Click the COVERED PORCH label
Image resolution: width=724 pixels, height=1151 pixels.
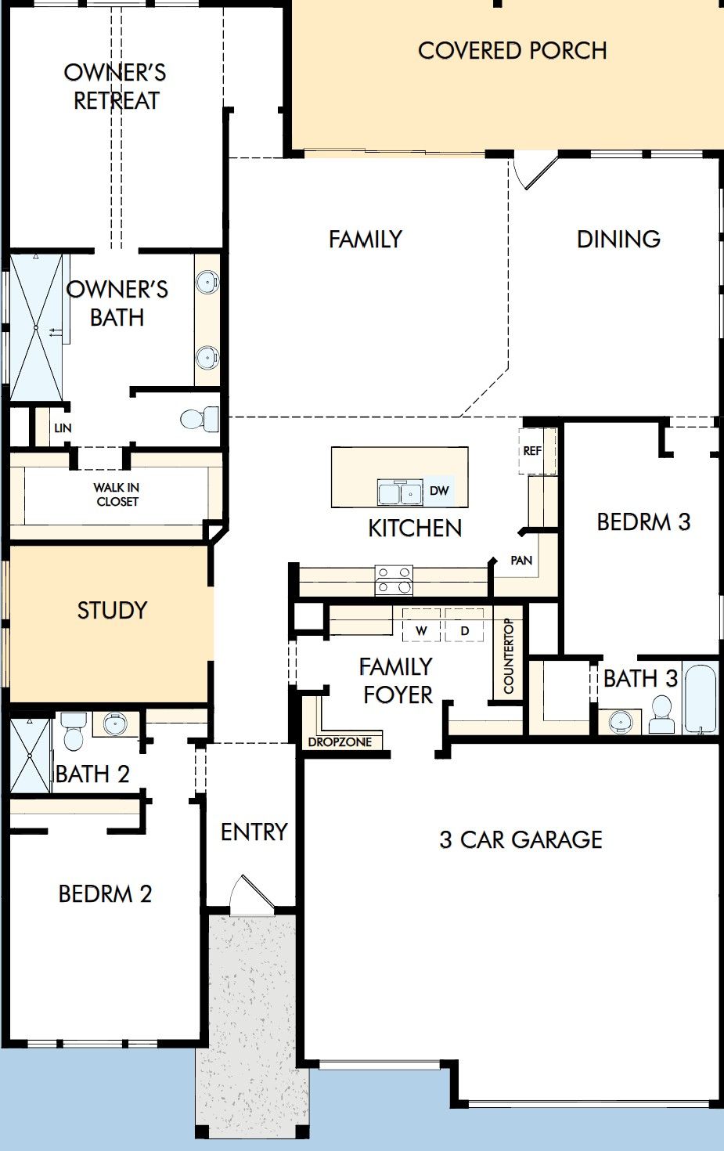click(x=513, y=50)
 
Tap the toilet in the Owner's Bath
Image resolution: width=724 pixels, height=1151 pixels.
click(x=200, y=419)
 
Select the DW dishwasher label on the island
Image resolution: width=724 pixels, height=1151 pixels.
click(x=439, y=490)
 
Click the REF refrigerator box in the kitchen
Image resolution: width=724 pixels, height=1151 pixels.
click(x=532, y=451)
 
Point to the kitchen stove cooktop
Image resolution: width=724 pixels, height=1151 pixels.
click(x=394, y=580)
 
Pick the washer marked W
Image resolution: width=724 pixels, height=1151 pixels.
click(x=421, y=625)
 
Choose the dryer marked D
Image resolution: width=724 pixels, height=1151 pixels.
click(x=464, y=625)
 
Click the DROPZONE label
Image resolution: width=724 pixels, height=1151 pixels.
click(x=340, y=742)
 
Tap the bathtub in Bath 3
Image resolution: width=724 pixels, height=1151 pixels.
click(x=700, y=699)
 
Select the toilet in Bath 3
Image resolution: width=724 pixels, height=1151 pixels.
click(x=661, y=715)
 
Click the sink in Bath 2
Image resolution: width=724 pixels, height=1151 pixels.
click(x=115, y=724)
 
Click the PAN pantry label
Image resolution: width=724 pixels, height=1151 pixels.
click(x=521, y=560)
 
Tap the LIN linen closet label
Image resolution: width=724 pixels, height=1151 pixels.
click(x=63, y=428)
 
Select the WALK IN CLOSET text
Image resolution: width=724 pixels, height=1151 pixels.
click(x=117, y=494)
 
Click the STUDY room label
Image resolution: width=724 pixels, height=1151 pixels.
click(x=112, y=610)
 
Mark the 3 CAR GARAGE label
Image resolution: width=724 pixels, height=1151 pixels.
click(x=520, y=839)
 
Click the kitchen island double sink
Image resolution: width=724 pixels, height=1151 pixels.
click(x=400, y=493)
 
